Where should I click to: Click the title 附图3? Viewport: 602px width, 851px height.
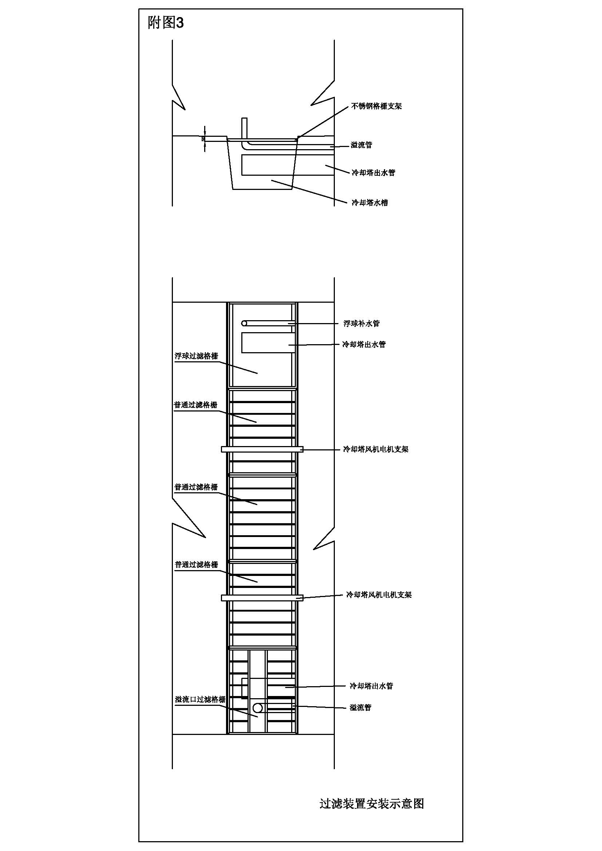pos(166,23)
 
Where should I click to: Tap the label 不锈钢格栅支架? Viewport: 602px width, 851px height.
pos(376,106)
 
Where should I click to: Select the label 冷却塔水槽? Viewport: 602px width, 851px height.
pos(369,203)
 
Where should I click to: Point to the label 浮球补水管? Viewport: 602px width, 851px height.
pos(361,323)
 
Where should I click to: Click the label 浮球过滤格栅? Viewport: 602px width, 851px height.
pos(196,356)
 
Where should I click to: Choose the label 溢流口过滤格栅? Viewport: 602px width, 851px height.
pos(200,700)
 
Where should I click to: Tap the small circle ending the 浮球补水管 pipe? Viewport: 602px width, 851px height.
pos(244,323)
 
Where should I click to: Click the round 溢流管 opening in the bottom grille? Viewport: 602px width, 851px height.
pos(258,708)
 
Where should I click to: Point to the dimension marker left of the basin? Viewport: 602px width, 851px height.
pos(203,139)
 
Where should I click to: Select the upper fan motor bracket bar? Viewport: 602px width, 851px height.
pos(262,449)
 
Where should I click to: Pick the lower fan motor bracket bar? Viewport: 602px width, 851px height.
pos(262,598)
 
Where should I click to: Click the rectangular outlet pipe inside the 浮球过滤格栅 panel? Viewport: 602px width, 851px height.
pos(268,343)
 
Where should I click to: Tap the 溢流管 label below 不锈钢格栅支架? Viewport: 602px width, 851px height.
pos(361,145)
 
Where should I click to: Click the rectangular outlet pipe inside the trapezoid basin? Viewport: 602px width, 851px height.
pos(268,165)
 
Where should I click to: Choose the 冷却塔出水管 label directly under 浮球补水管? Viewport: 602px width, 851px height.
pos(364,345)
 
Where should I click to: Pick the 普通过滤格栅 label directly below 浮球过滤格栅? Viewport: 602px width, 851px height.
pos(195,405)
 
